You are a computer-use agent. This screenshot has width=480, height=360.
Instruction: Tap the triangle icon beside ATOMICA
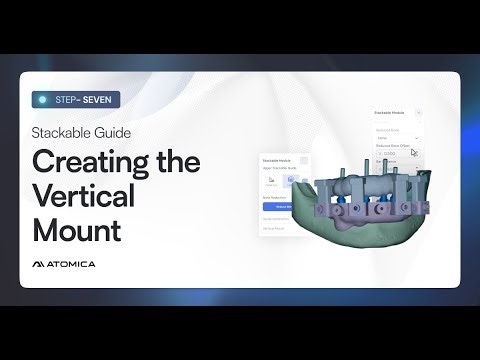[39, 264]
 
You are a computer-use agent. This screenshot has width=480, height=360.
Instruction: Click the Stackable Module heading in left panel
[278, 160]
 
